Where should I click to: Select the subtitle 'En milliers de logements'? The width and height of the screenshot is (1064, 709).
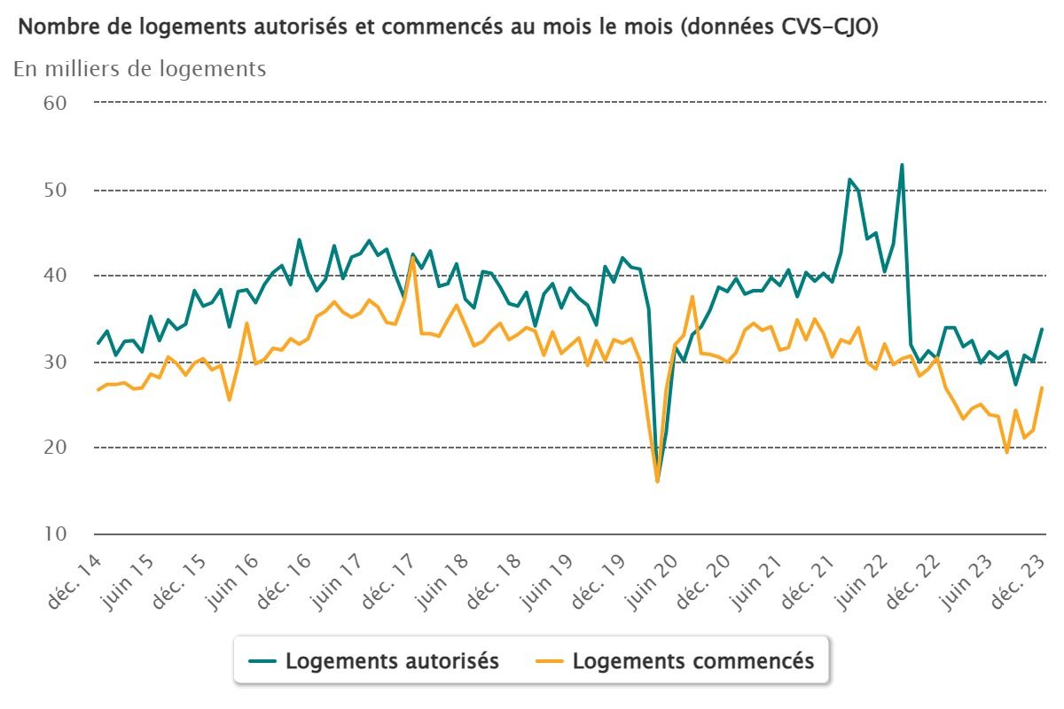[x=139, y=69]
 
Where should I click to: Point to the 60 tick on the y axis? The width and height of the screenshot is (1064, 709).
[x=56, y=103]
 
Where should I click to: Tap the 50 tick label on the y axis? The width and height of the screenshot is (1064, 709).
[x=56, y=190]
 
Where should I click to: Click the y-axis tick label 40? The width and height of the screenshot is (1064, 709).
[x=56, y=276]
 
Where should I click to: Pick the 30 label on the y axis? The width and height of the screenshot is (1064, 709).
[x=56, y=362]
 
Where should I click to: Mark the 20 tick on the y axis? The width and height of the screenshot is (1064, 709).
[x=56, y=448]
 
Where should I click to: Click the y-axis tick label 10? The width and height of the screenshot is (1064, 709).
[x=56, y=534]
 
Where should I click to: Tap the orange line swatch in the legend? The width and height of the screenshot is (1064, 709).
[x=551, y=661]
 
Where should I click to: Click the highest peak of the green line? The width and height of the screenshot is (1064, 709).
[x=902, y=165]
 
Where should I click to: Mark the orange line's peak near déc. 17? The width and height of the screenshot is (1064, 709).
[x=413, y=257]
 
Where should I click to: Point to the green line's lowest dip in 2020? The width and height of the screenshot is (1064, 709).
[x=657, y=479]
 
